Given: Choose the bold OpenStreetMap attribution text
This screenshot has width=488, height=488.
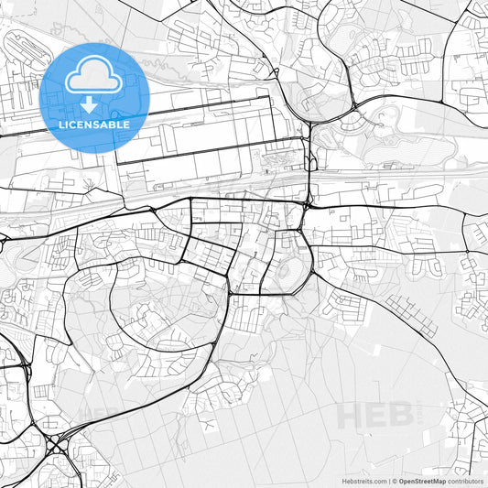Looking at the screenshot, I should coord(420,480).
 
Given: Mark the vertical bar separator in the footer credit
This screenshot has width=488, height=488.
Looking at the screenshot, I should coord(389,480).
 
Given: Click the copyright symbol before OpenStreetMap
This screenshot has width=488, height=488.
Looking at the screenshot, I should coord(395,480).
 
